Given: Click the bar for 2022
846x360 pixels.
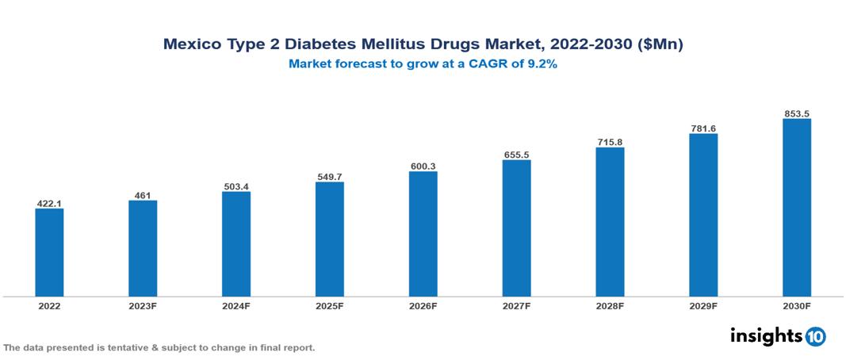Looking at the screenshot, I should point(49,252).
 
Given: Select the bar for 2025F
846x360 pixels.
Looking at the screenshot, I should point(329,239).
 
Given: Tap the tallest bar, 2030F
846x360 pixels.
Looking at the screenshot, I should point(796,208).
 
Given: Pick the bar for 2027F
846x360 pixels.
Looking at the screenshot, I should point(516,228).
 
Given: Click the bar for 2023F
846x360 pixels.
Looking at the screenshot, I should point(143,248).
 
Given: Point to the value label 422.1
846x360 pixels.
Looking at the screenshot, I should point(49,203).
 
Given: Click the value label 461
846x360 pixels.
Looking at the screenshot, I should point(143,195).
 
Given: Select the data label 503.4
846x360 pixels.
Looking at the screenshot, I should point(236,186).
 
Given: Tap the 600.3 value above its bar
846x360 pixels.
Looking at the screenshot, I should point(423,167).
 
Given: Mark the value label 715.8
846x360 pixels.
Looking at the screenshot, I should point(610,142).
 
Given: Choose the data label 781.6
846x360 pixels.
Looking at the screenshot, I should point(703,128).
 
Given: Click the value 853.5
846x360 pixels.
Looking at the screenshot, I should point(796,113).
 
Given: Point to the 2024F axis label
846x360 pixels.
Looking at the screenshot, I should point(236,305).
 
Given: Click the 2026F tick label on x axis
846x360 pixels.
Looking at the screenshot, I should point(423,305).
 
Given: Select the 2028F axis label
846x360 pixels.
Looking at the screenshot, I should point(610,305).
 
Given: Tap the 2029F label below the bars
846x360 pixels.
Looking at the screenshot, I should point(703,305).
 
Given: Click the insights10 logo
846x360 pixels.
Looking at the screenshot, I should point(778,335).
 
